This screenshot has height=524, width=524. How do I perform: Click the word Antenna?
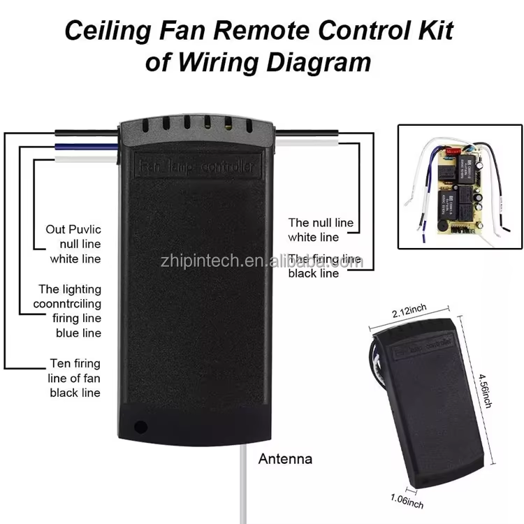(x=285, y=459)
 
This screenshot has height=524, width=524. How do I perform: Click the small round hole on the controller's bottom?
(x=141, y=425)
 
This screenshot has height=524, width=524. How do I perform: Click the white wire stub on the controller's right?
(x=307, y=141)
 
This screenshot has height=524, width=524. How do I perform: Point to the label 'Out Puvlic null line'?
(x=74, y=243)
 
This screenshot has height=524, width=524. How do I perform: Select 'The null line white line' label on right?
(x=321, y=230)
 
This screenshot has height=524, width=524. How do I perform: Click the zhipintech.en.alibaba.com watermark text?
(x=259, y=261)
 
